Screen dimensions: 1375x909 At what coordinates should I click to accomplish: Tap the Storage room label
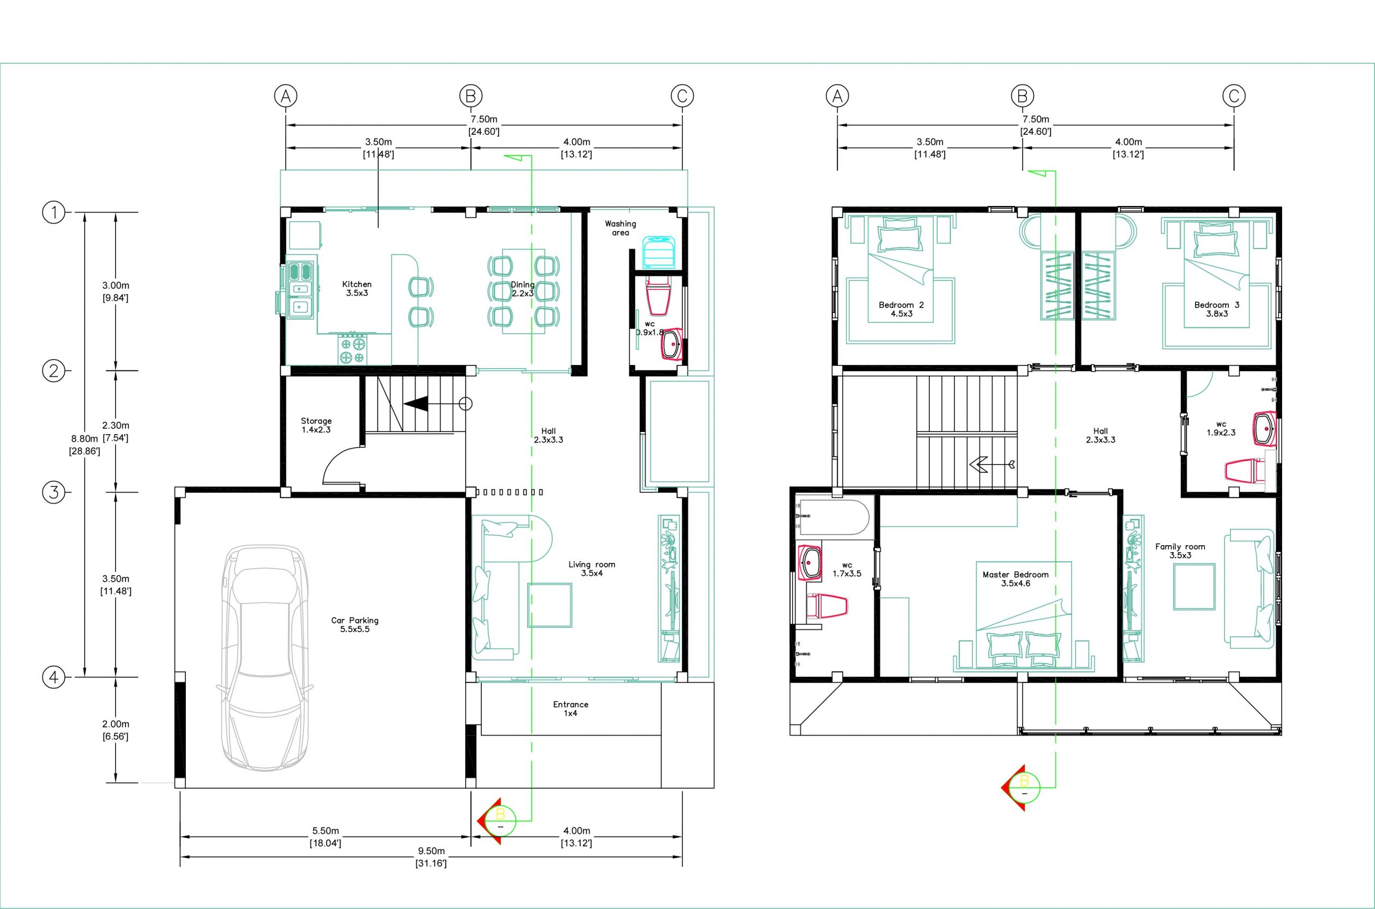pyautogui.click(x=316, y=426)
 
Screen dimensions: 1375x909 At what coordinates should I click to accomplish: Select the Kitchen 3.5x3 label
pyautogui.click(x=357, y=289)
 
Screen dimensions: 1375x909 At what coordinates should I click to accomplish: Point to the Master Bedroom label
pyautogui.click(x=1015, y=579)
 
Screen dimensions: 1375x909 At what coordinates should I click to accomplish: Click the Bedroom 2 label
pyautogui.click(x=902, y=310)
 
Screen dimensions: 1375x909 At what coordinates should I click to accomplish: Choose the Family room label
pyautogui.click(x=1180, y=551)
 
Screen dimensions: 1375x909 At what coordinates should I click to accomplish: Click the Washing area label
pyautogui.click(x=620, y=228)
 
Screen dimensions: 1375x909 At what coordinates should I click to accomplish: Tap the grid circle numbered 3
pyautogui.click(x=54, y=493)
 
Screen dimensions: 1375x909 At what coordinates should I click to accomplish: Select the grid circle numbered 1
pyautogui.click(x=54, y=212)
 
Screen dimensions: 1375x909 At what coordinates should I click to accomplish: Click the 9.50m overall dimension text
pyautogui.click(x=431, y=857)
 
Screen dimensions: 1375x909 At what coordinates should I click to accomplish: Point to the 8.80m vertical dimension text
pyautogui.click(x=85, y=445)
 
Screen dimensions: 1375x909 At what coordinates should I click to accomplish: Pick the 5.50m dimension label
pyautogui.click(x=325, y=837)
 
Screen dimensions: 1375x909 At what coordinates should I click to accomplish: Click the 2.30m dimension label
pyautogui.click(x=115, y=431)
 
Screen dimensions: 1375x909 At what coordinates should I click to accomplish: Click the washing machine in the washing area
pyautogui.click(x=658, y=252)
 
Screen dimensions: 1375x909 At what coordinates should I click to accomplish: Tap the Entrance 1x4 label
pyautogui.click(x=570, y=708)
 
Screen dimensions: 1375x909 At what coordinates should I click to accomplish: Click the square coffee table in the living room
pyautogui.click(x=549, y=605)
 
